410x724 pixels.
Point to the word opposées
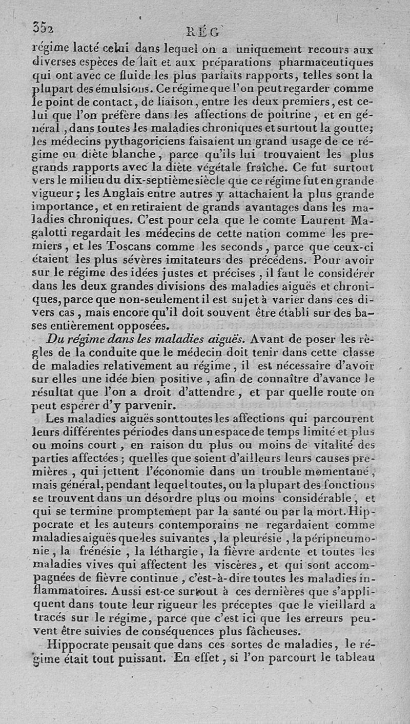[x=138, y=325]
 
